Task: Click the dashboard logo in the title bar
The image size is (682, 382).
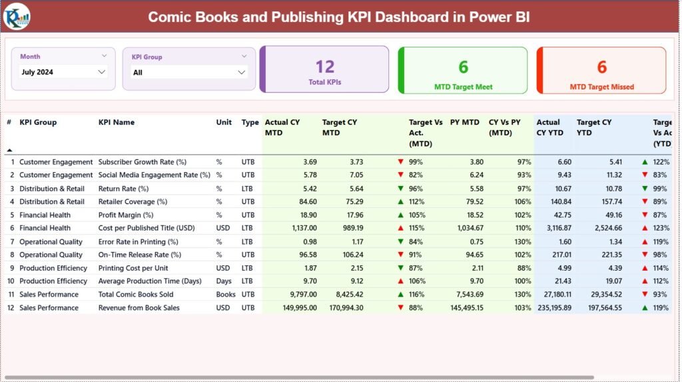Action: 16,16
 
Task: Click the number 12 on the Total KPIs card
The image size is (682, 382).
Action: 324,67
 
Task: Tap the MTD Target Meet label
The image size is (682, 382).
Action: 463,87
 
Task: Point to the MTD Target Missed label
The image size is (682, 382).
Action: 601,87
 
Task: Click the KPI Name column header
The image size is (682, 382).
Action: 117,123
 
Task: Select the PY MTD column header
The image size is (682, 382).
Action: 465,123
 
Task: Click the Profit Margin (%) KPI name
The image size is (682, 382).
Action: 126,215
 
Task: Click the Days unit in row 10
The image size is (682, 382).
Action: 224,281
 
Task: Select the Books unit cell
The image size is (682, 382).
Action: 226,295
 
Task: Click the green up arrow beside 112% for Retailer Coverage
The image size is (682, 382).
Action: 400,202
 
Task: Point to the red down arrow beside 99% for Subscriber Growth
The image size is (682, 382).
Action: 400,162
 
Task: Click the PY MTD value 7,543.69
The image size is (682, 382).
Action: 466,295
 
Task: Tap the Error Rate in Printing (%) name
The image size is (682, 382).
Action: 138,242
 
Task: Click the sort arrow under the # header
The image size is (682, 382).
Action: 9,150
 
